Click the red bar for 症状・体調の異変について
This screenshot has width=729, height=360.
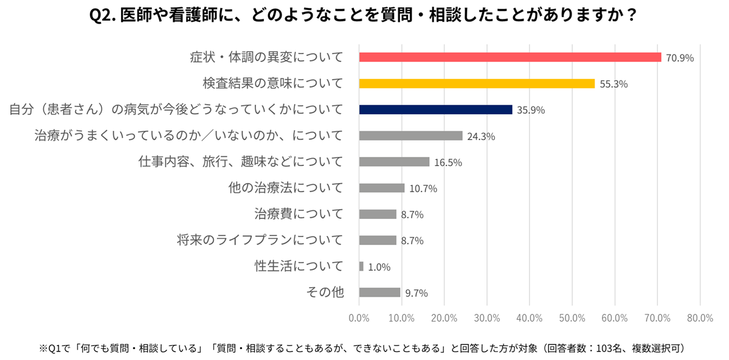tap(510, 57)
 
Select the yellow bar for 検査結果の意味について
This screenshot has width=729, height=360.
tap(477, 84)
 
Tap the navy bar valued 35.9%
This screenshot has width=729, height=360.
tap(435, 110)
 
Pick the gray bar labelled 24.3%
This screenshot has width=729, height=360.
tap(410, 136)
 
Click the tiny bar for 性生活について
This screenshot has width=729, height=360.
tap(361, 266)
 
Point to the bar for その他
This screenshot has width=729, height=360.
tap(379, 292)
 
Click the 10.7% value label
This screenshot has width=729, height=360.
tap(423, 189)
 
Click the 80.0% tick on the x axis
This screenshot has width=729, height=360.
tap(699, 318)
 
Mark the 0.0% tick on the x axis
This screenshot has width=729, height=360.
tap(359, 318)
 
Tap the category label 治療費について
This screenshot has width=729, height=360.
tap(299, 214)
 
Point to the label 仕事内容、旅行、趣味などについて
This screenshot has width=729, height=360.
tap(239, 162)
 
